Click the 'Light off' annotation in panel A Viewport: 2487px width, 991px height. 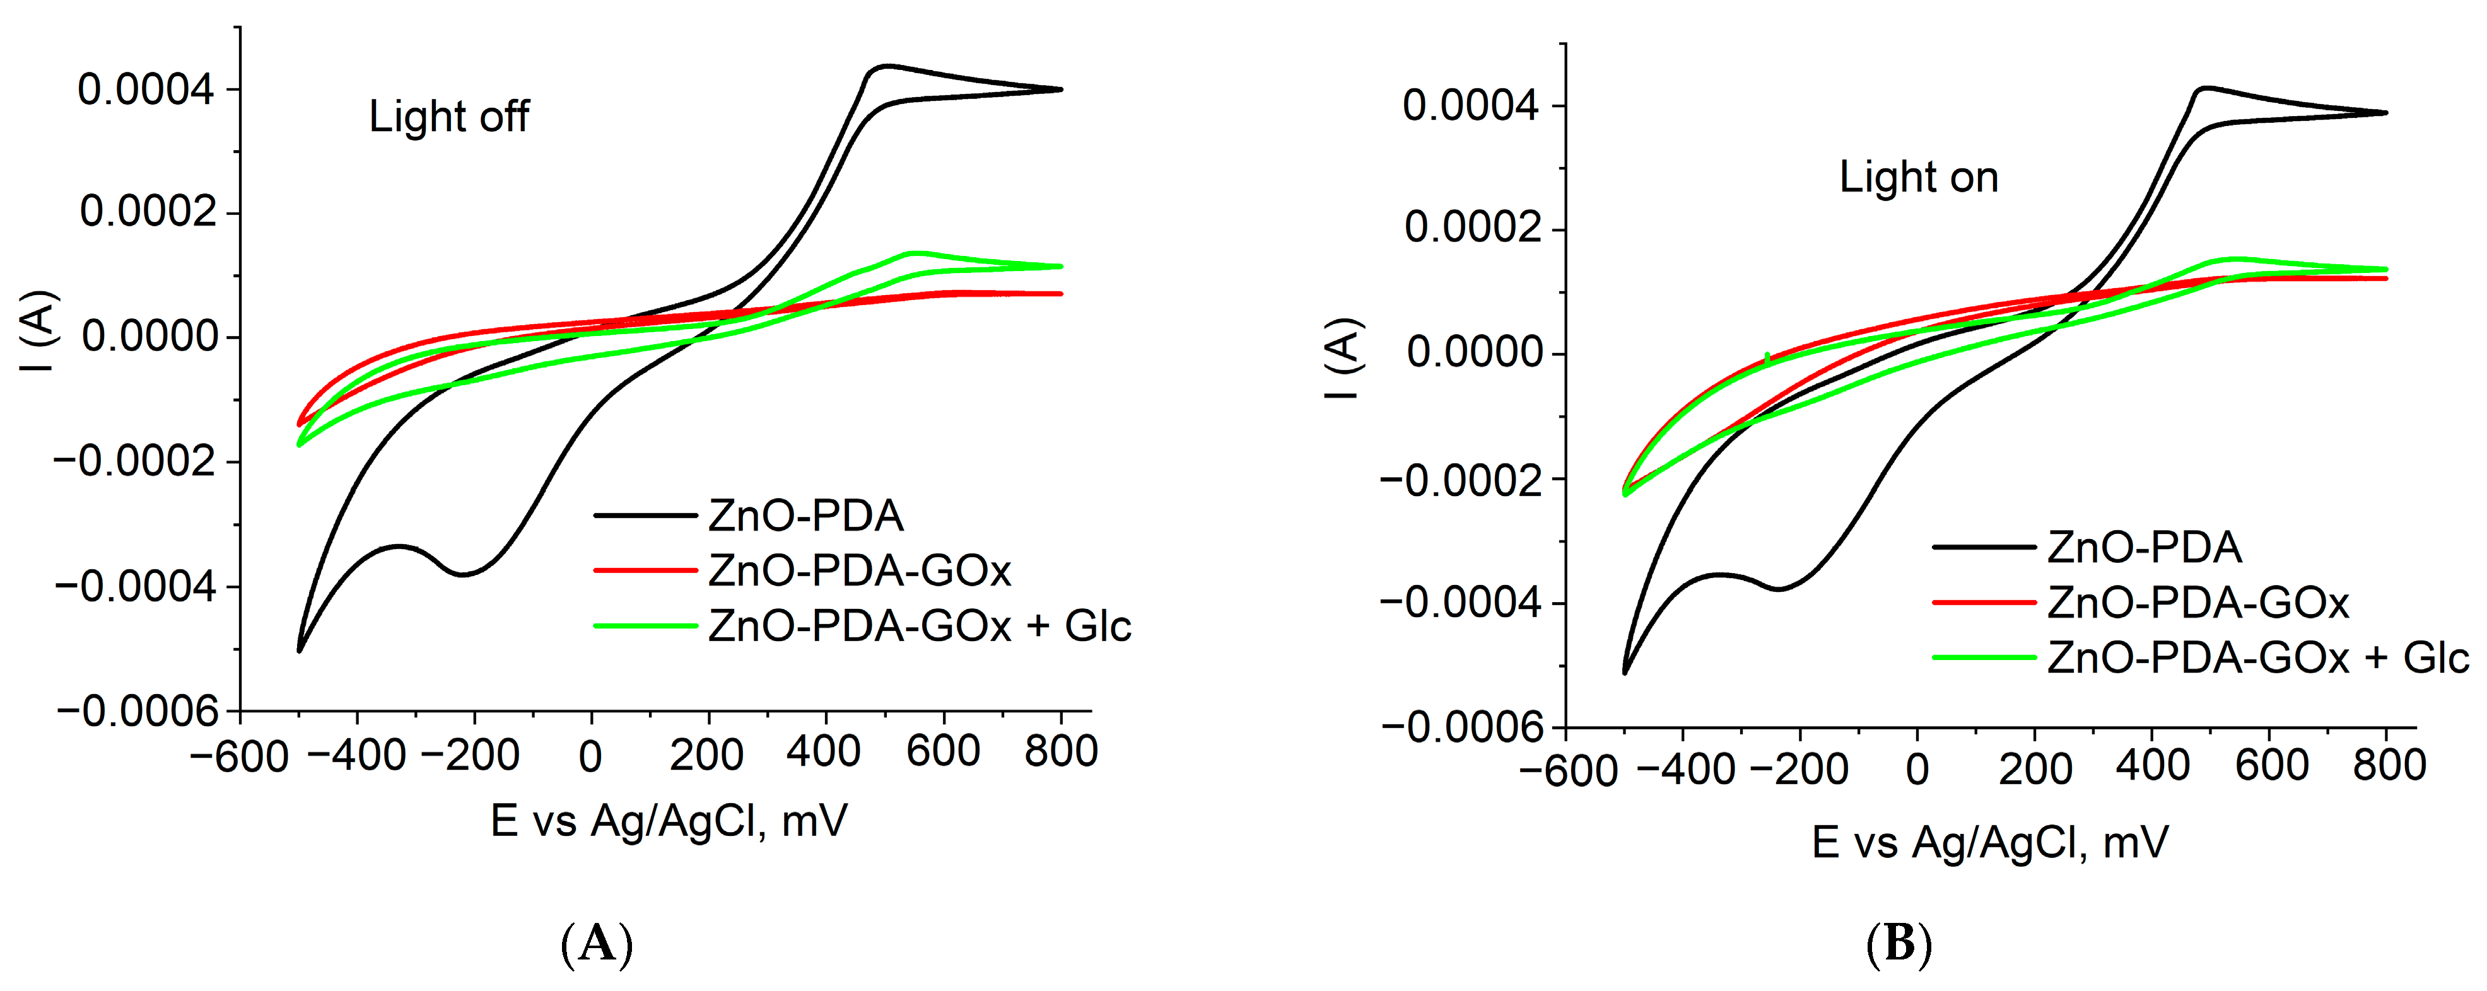point(449,117)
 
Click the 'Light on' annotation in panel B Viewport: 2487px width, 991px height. point(1918,178)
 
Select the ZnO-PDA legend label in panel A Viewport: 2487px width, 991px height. point(805,516)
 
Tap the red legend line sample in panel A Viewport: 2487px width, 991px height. point(645,571)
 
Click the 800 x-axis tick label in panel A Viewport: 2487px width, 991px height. point(1061,751)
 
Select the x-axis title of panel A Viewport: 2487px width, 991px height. point(668,821)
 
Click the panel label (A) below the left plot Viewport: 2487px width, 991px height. point(597,944)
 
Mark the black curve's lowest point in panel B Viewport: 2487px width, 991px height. point(1625,673)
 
